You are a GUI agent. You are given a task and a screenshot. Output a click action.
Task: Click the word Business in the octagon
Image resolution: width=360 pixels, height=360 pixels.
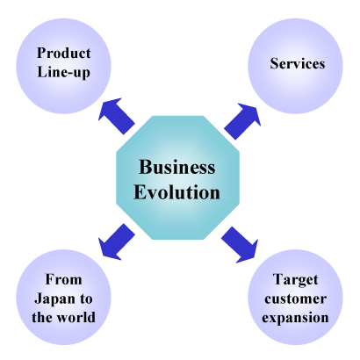point(177,167)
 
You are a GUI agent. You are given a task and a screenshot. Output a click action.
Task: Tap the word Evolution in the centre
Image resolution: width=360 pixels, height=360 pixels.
point(176,192)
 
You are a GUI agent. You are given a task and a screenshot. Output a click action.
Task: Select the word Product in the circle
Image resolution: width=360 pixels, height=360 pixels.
point(64,53)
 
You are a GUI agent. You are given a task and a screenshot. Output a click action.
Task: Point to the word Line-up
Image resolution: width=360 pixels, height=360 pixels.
point(63,72)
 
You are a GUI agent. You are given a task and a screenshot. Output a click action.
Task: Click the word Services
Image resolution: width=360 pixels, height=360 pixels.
point(298,63)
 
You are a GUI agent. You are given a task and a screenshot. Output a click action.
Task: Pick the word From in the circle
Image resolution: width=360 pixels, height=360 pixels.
point(63,279)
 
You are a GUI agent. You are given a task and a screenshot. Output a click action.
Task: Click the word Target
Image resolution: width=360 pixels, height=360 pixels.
point(295,280)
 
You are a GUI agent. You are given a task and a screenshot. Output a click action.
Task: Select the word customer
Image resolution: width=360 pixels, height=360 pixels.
point(295,299)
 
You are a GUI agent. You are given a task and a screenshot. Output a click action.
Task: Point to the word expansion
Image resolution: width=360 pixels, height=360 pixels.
point(295,318)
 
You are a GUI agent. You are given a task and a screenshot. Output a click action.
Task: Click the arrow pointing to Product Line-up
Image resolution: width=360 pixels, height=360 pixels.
point(116,116)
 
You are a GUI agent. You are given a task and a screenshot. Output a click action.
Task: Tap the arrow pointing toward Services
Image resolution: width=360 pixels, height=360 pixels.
point(242,121)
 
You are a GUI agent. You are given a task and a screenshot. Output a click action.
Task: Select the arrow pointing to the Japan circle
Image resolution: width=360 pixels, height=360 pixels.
point(116,242)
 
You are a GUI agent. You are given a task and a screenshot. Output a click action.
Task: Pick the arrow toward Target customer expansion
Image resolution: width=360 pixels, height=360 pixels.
point(240,245)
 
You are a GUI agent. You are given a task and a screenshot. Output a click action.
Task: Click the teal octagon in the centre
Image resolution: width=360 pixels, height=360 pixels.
point(177,177)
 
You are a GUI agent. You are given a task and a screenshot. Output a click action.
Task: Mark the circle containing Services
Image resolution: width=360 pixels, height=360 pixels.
point(295,66)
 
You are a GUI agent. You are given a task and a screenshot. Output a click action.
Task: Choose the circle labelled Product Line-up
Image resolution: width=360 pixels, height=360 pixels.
point(63,66)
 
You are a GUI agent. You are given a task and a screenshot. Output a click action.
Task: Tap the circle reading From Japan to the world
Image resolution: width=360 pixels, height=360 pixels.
point(63,297)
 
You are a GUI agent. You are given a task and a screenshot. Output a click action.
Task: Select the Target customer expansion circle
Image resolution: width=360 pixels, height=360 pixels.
point(295,297)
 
